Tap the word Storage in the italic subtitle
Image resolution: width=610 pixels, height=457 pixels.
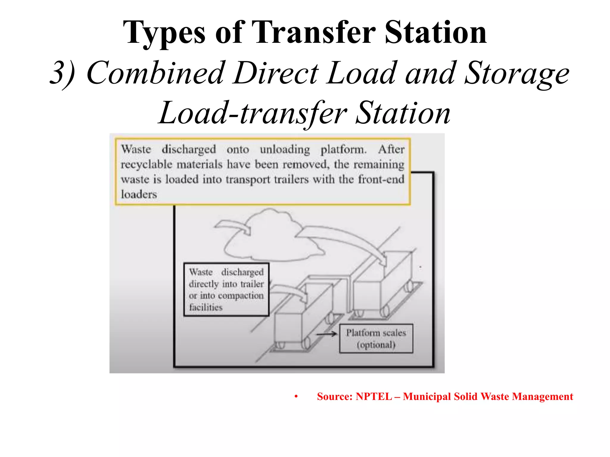[517, 73]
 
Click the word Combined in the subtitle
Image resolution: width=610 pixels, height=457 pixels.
[155, 73]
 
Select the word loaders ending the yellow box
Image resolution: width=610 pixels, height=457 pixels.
[139, 195]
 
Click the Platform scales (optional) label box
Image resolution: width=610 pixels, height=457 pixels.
[376, 339]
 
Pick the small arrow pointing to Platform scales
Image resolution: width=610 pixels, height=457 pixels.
[326, 334]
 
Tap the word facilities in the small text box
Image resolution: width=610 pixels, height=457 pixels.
[206, 307]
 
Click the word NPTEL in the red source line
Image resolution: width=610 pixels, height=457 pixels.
[374, 397]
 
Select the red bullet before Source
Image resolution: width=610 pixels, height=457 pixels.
[296, 397]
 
